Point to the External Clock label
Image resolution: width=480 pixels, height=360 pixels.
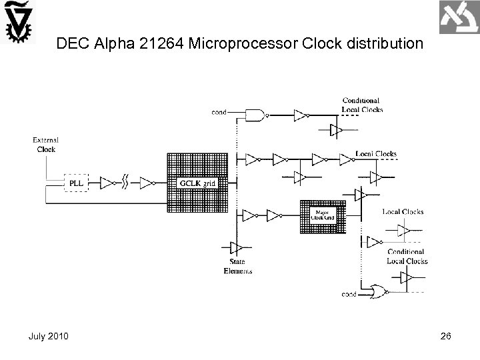[x=46, y=145]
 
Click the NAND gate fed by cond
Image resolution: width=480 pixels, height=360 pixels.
[x=256, y=115]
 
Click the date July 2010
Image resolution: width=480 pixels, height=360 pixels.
[x=48, y=335]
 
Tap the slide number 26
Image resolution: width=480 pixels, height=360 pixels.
[x=445, y=335]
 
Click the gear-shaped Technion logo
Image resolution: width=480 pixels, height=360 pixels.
[x=18, y=25]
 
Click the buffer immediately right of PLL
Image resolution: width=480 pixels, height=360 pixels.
[x=109, y=181]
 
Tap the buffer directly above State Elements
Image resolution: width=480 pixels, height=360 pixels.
[x=234, y=248]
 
